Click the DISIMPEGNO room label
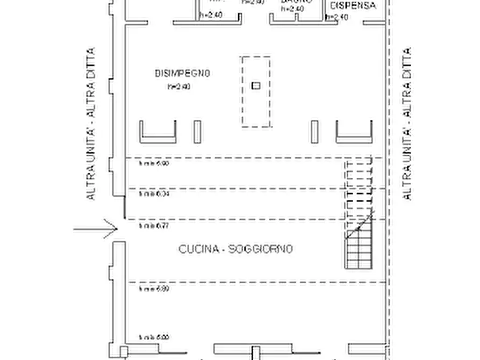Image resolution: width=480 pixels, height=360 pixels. click(182, 73)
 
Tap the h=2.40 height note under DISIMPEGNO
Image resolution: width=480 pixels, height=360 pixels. click(180, 86)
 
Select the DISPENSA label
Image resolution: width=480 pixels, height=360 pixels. click(352, 6)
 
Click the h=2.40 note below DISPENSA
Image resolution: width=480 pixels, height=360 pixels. click(337, 17)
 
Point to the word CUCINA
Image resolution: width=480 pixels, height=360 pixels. click(199, 249)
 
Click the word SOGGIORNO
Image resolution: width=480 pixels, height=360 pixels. click(261, 249)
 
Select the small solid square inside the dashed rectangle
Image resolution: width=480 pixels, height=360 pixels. click(256, 85)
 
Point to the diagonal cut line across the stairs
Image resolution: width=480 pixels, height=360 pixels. click(359, 226)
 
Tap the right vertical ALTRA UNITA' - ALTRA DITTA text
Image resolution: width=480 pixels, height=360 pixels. click(407, 124)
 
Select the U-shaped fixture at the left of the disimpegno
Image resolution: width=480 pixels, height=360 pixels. click(158, 133)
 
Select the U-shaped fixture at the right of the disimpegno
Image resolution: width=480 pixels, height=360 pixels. click(354, 133)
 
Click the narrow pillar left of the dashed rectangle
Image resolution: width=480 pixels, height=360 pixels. click(197, 132)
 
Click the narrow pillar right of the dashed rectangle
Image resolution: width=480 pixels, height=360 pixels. click(314, 132)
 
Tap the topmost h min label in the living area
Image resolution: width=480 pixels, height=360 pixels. click(154, 163)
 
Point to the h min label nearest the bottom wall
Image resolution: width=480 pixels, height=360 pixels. click(154, 337)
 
